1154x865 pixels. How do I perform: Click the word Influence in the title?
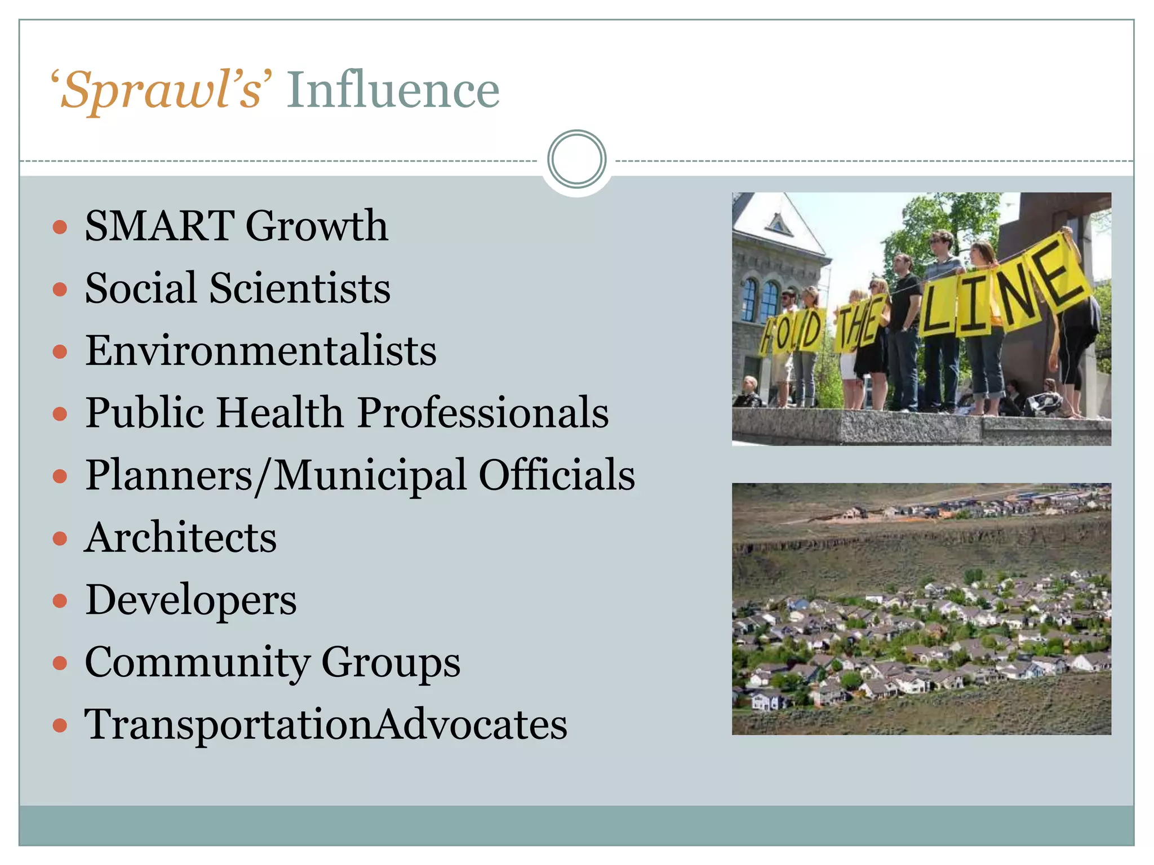click(393, 90)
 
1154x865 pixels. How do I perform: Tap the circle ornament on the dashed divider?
click(576, 159)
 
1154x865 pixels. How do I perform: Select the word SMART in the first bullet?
click(159, 226)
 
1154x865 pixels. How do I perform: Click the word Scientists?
click(300, 288)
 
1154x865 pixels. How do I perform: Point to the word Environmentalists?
click(261, 350)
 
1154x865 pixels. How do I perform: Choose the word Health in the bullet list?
click(280, 413)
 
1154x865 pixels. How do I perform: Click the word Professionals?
click(483, 413)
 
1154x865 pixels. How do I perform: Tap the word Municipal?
click(370, 475)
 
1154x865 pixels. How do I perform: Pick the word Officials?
click(557, 475)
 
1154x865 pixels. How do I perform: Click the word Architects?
click(181, 538)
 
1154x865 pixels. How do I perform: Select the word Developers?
click(191, 600)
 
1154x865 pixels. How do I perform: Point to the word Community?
click(197, 663)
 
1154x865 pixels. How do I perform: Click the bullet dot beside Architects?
click(60, 539)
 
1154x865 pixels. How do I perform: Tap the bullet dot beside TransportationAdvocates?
click(60, 726)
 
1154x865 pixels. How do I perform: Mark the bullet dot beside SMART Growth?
click(60, 227)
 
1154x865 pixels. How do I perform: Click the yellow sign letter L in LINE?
click(937, 307)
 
